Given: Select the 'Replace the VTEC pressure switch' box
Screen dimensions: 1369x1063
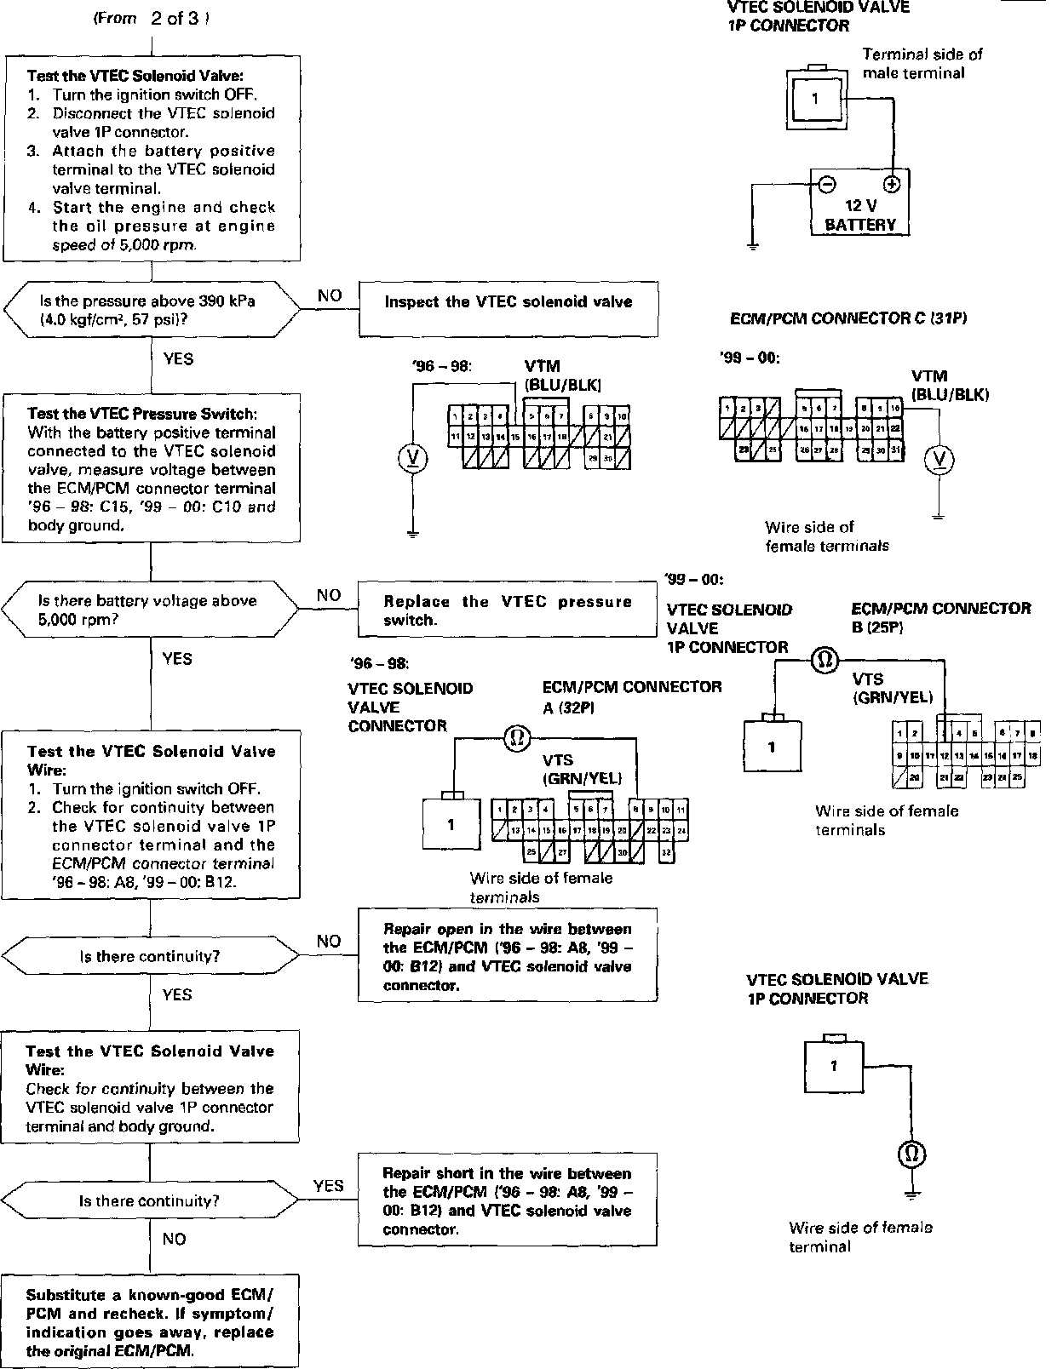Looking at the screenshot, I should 508,610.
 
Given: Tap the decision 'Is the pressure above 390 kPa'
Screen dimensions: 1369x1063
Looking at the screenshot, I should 152,311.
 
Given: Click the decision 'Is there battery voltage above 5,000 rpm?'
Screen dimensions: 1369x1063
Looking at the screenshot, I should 150,610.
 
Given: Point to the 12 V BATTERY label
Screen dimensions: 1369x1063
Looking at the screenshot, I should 860,215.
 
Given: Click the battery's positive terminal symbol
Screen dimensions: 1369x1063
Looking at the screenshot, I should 892,183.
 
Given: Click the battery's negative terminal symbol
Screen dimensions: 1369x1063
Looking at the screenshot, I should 826,183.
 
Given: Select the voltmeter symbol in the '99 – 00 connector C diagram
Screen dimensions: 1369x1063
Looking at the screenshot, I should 940,460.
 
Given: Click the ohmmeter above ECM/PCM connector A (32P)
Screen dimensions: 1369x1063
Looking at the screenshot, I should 516,737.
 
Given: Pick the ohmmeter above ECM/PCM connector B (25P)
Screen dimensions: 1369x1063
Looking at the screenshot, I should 824,660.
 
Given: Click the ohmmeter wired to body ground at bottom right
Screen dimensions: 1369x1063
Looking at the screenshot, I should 911,1154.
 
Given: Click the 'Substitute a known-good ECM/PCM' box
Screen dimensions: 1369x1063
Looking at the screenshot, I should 150,1320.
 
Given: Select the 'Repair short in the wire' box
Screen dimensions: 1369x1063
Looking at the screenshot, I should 508,1200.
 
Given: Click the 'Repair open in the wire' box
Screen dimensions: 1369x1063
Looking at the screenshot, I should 508,956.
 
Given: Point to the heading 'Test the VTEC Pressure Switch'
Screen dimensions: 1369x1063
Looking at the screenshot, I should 141,414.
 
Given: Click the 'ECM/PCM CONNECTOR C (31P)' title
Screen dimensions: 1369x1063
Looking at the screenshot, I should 848,318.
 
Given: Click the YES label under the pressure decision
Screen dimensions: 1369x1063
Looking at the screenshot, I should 177,358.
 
